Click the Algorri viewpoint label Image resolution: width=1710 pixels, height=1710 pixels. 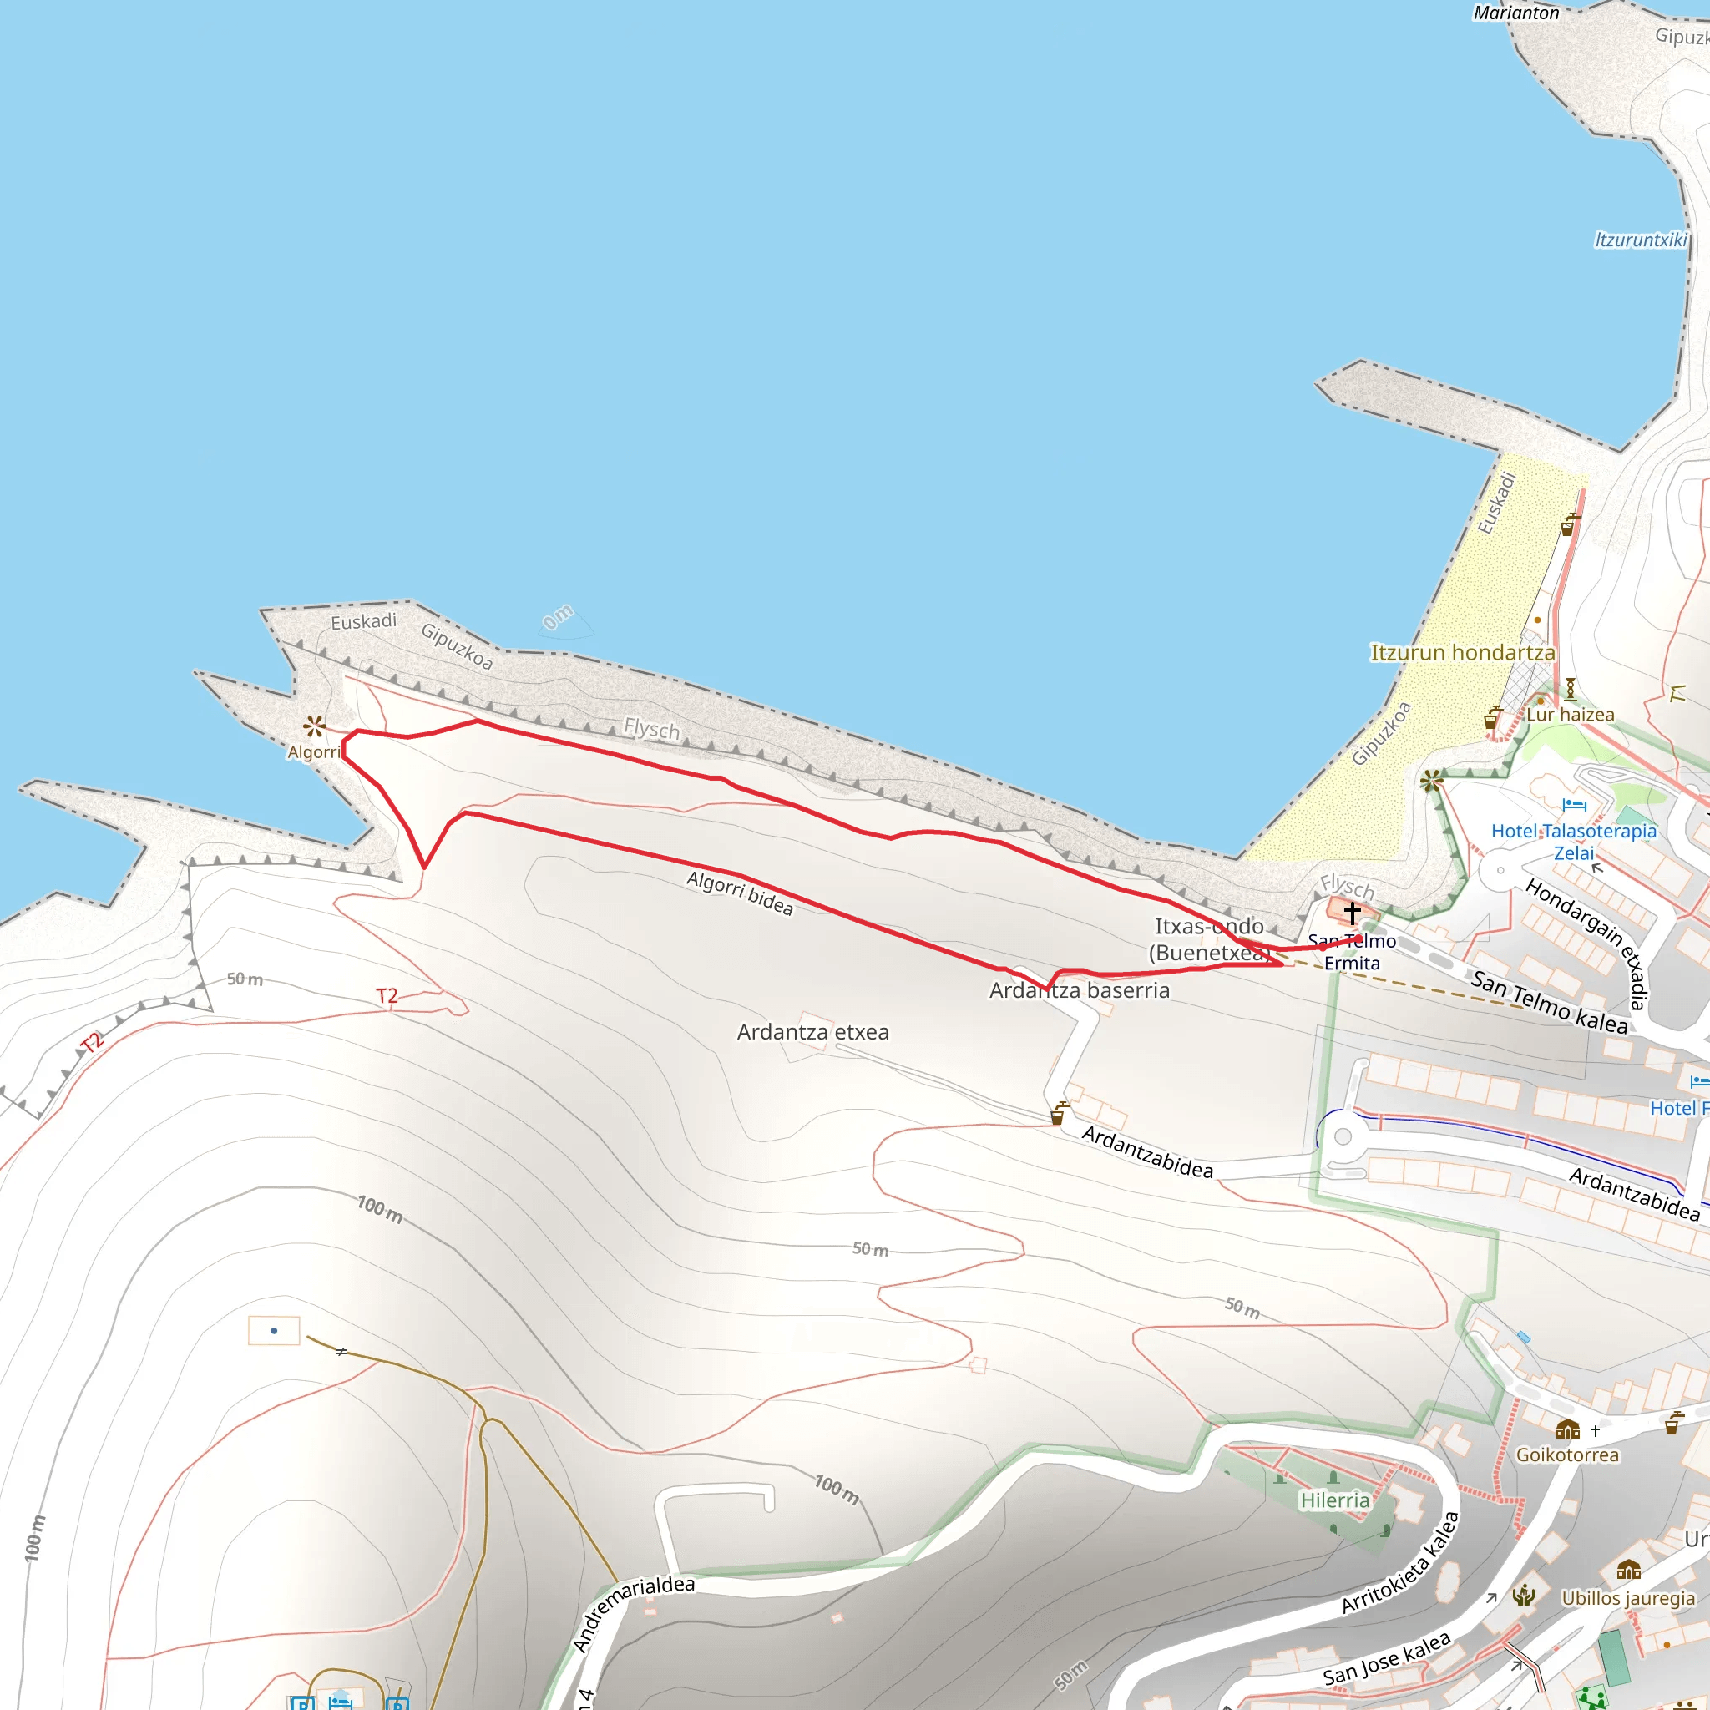pyautogui.click(x=314, y=752)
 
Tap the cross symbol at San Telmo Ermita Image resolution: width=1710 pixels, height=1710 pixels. pyautogui.click(x=1353, y=912)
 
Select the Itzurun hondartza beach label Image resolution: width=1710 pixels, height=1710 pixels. pyautogui.click(x=1462, y=653)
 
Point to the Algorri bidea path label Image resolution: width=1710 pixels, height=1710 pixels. pyautogui.click(x=740, y=893)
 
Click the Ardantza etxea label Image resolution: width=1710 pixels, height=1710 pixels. pyautogui.click(x=812, y=1032)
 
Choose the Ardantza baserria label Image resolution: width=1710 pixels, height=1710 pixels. pyautogui.click(x=1079, y=990)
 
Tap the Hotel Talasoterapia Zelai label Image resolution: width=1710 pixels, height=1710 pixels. pyautogui.click(x=1574, y=842)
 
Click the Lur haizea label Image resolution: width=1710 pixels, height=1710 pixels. pyautogui.click(x=1571, y=714)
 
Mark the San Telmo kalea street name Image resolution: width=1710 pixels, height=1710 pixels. pyautogui.click(x=1549, y=1002)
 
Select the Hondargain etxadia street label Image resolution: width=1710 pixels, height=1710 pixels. pyautogui.click(x=1588, y=943)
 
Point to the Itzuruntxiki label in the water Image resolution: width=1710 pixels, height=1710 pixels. pyautogui.click(x=1640, y=240)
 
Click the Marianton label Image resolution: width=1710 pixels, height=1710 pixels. pyautogui.click(x=1516, y=13)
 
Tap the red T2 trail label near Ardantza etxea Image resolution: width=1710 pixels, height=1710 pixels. pyautogui.click(x=387, y=996)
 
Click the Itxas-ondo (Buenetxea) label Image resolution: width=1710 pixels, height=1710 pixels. pyautogui.click(x=1209, y=939)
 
